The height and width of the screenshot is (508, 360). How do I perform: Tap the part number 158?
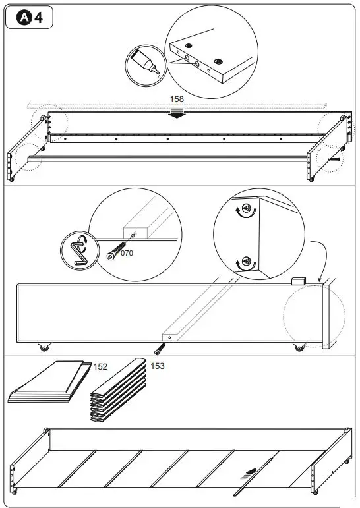click(177, 99)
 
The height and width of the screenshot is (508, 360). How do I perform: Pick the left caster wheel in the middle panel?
click(44, 346)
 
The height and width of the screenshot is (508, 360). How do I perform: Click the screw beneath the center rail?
click(160, 348)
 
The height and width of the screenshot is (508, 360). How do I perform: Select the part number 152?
click(100, 366)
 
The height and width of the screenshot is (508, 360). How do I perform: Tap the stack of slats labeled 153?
click(117, 394)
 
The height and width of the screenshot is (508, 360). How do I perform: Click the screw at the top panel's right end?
click(334, 159)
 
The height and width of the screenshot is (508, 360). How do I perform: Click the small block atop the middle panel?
click(298, 281)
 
